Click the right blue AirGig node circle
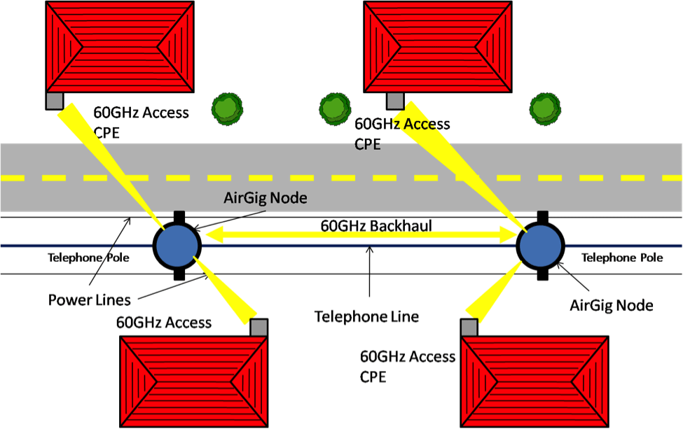[541, 246]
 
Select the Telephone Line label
[366, 316]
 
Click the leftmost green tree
[227, 107]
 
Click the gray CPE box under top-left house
[55, 101]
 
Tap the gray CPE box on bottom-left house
[259, 328]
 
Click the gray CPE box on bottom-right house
[469, 328]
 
